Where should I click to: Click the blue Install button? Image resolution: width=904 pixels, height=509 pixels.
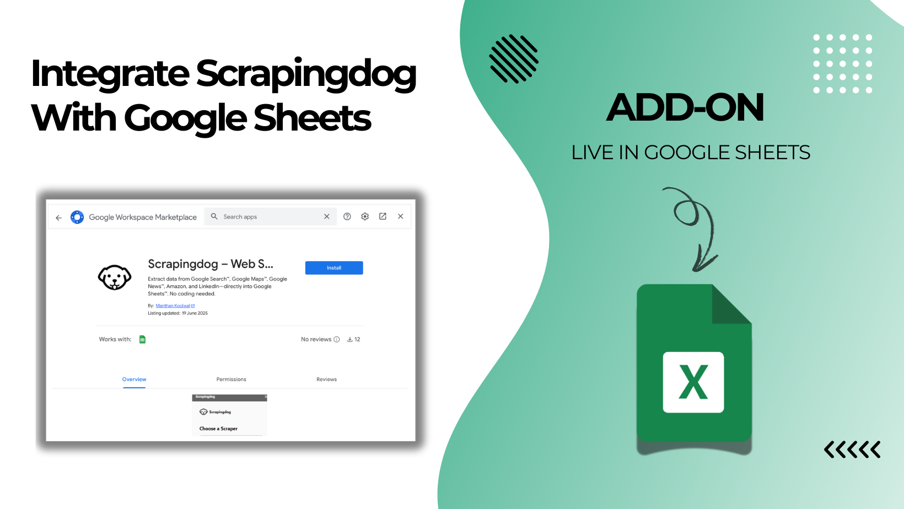click(x=334, y=268)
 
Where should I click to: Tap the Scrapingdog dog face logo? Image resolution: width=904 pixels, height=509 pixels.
click(x=115, y=277)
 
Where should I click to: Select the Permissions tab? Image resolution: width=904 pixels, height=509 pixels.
click(x=231, y=379)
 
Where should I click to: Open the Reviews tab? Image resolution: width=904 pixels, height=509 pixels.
click(x=326, y=379)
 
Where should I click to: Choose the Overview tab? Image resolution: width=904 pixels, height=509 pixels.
click(x=134, y=379)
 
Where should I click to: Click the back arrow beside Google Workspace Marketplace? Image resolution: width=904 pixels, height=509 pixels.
click(x=59, y=218)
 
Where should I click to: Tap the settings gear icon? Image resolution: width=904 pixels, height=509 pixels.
click(x=365, y=216)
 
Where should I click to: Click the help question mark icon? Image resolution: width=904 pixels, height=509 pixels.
click(x=347, y=216)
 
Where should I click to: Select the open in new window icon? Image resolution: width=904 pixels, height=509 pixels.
click(x=383, y=216)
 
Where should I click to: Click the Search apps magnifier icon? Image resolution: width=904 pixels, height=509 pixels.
click(x=214, y=216)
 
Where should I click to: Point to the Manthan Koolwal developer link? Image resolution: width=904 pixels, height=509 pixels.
click(x=173, y=306)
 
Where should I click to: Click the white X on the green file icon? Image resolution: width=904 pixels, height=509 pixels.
click(x=693, y=382)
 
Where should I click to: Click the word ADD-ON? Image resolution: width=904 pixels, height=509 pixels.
click(x=685, y=107)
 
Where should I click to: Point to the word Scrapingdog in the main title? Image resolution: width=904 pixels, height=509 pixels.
click(x=306, y=74)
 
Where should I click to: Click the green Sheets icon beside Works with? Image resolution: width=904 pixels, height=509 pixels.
click(x=142, y=339)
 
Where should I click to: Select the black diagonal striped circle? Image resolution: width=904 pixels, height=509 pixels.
click(x=514, y=59)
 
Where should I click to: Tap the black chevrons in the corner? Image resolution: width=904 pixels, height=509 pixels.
click(x=852, y=450)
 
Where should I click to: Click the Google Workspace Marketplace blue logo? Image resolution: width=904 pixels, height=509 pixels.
click(x=77, y=217)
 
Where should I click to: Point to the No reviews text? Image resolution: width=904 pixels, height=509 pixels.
click(x=316, y=339)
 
